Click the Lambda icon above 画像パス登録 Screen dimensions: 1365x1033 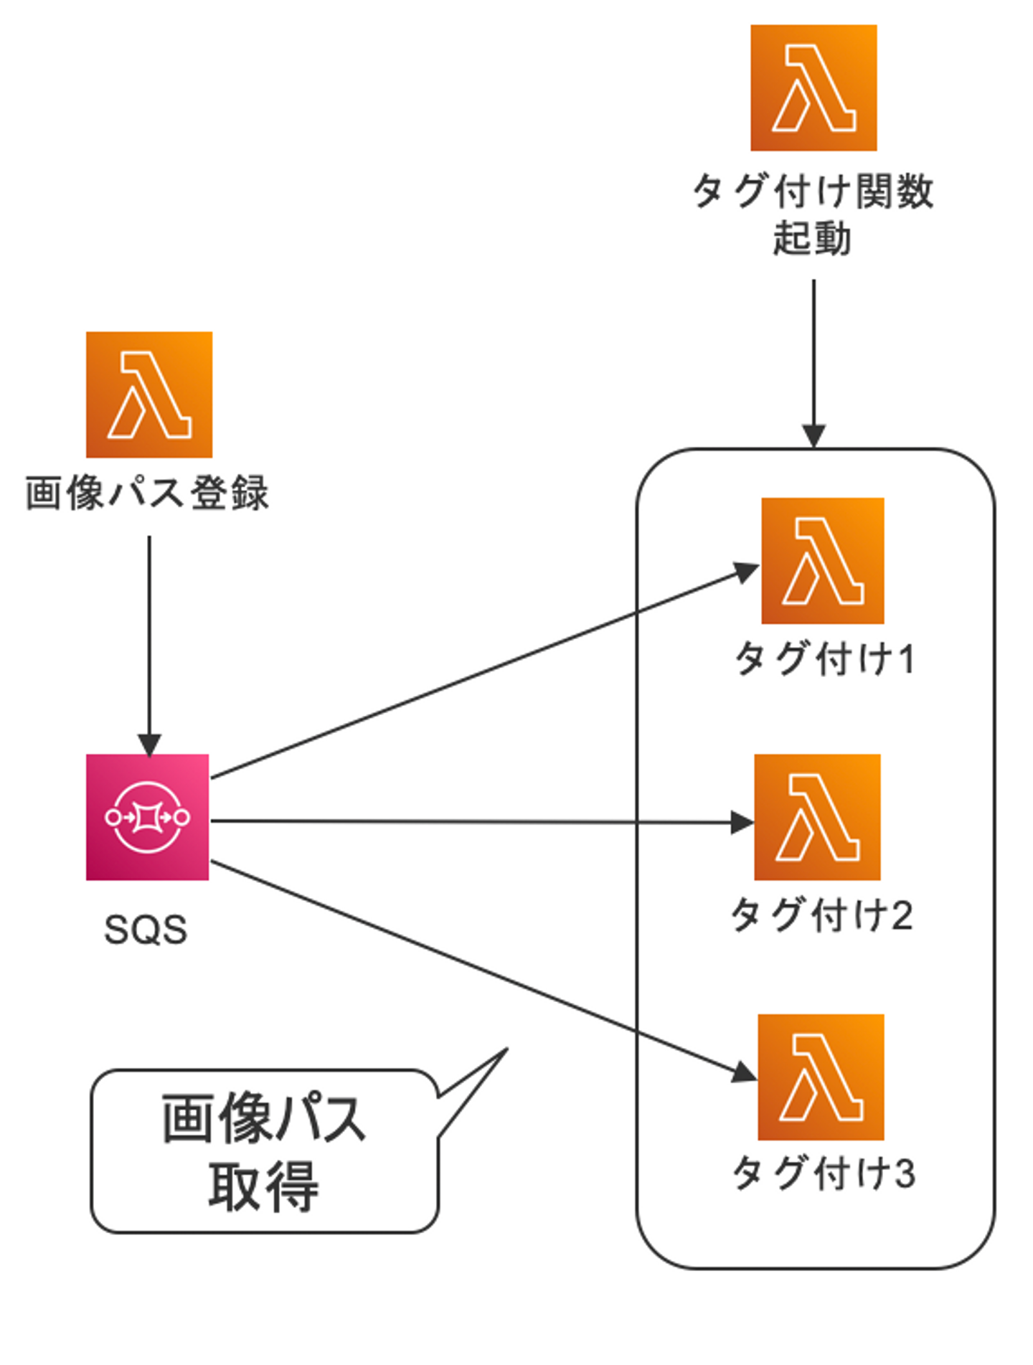tap(148, 394)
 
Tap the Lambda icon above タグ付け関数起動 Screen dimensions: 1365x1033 tap(813, 88)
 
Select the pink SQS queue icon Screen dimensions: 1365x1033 tap(147, 817)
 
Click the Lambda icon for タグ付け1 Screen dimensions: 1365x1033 tap(822, 560)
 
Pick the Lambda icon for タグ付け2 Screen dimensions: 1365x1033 tap(816, 817)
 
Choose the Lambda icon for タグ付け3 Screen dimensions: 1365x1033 tap(821, 1077)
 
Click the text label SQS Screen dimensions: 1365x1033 tap(146, 930)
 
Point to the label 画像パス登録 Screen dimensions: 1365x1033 tap(147, 493)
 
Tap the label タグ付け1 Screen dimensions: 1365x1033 tap(824, 658)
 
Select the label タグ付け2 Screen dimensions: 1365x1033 tap(821, 916)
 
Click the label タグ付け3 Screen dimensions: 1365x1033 tap(824, 1174)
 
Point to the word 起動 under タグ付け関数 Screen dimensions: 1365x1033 tap(811, 238)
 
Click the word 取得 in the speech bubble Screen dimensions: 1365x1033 tap(263, 1187)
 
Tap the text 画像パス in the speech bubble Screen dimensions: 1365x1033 tap(263, 1119)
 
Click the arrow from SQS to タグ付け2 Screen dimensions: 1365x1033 tap(481, 822)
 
